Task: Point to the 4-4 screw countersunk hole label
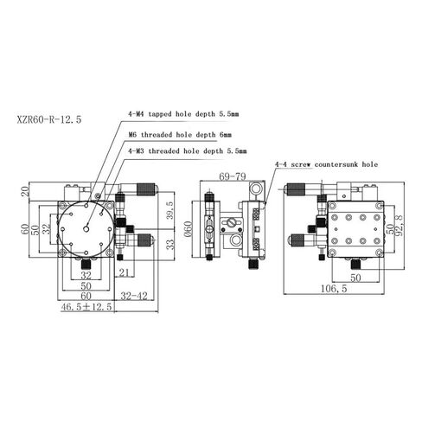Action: pyautogui.click(x=326, y=163)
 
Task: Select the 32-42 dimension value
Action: pyautogui.click(x=133, y=295)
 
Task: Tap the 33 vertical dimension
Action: pyautogui.click(x=170, y=244)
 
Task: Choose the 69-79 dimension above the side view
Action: pyautogui.click(x=233, y=176)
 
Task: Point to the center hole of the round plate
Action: pyautogui.click(x=86, y=227)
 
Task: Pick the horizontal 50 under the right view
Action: pyautogui.click(x=355, y=278)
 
